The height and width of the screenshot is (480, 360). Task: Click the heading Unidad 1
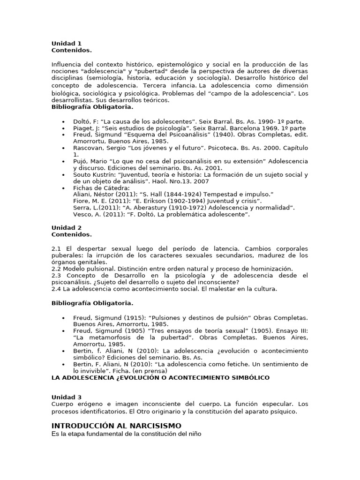pyautogui.click(x=67, y=44)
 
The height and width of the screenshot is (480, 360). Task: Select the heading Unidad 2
pyautogui.click(x=67, y=228)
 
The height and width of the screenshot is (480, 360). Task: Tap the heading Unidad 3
pyautogui.click(x=67, y=397)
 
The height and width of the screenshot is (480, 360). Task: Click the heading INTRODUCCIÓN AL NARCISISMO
pyautogui.click(x=116, y=426)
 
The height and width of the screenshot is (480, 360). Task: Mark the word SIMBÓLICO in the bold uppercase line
pyautogui.click(x=248, y=377)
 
